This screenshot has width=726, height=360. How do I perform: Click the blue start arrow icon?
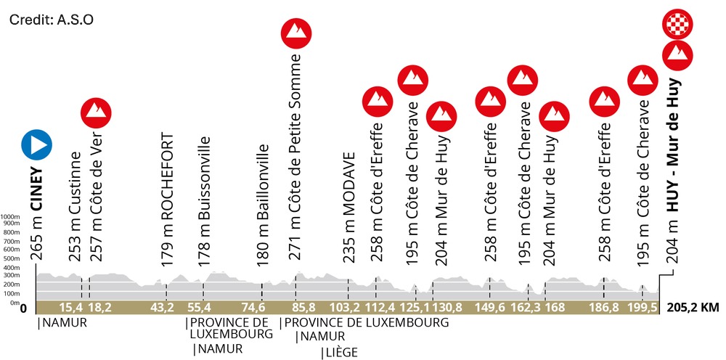coord(36,145)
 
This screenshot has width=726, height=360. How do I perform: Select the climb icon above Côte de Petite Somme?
coord(296,31)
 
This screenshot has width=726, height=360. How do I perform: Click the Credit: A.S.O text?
coord(51,19)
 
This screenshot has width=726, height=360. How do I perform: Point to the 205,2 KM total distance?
coord(691,308)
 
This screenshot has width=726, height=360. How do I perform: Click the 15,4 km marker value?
coord(70,308)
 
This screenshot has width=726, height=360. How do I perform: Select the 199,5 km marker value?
coord(644,308)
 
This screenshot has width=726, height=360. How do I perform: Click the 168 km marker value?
coord(554,308)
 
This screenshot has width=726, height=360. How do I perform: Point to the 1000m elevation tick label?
coord(9,217)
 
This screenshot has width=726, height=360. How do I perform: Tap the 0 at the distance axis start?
coord(24,308)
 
